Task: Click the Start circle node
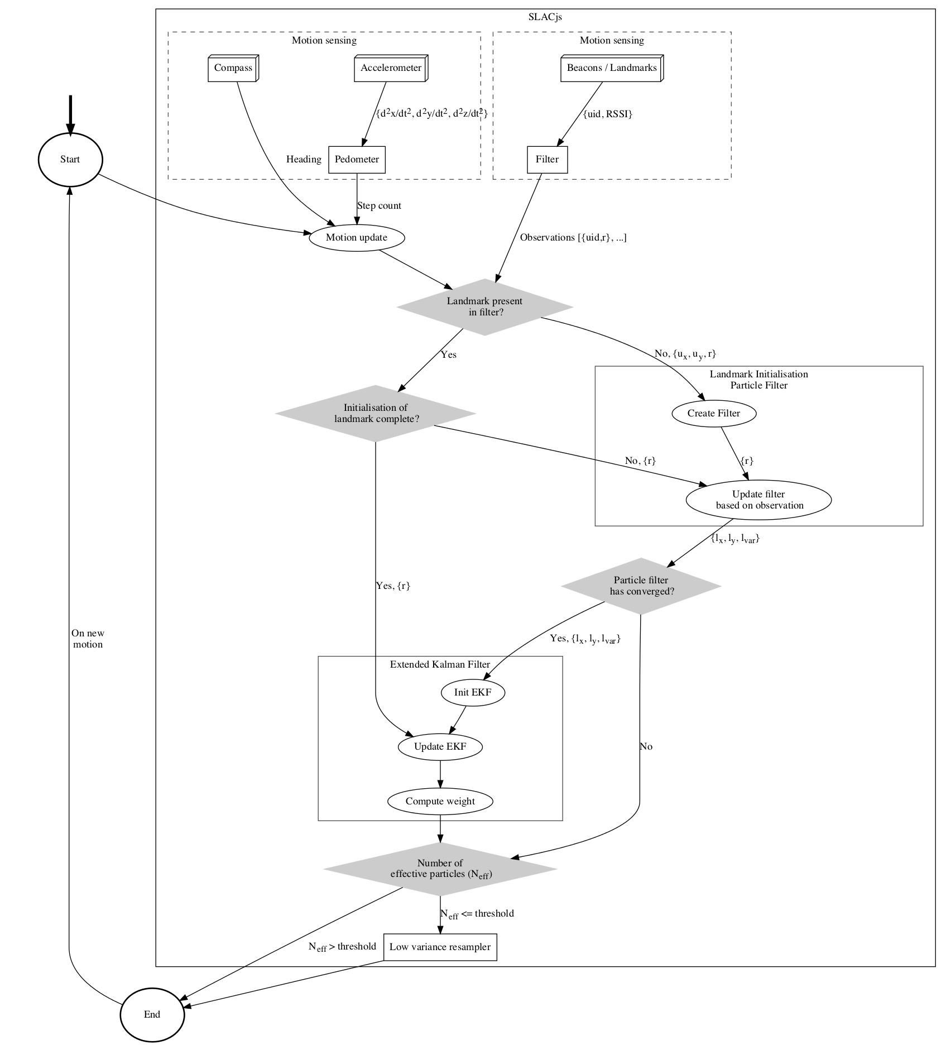(x=70, y=160)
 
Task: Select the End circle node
(x=152, y=1014)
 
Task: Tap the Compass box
(x=233, y=69)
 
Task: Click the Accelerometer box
(x=391, y=69)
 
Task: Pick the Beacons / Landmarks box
(x=612, y=69)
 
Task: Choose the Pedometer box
(x=357, y=160)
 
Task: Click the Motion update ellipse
(x=357, y=237)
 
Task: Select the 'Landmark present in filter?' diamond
(x=484, y=307)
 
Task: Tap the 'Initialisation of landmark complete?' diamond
(x=376, y=413)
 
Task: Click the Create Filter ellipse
(x=714, y=414)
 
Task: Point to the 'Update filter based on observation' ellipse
(x=758, y=500)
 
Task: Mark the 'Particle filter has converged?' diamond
(x=641, y=586)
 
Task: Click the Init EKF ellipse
(x=473, y=693)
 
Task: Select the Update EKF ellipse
(x=440, y=747)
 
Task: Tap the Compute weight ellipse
(x=440, y=802)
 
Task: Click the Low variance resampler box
(x=440, y=947)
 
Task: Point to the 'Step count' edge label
(x=380, y=206)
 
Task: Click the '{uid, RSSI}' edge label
(x=608, y=114)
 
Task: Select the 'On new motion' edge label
(x=88, y=639)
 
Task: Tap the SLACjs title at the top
(x=545, y=17)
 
